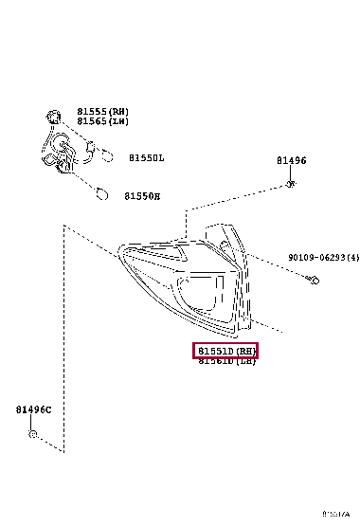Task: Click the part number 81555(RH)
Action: [102, 112]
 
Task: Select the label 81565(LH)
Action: [102, 121]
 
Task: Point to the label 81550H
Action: [142, 196]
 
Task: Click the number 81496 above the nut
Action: [291, 161]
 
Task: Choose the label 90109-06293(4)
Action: [323, 257]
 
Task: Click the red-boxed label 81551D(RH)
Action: [225, 352]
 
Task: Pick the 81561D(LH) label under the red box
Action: [226, 362]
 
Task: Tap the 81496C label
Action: [33, 409]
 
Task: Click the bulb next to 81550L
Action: [105, 154]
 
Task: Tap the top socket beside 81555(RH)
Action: [55, 118]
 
